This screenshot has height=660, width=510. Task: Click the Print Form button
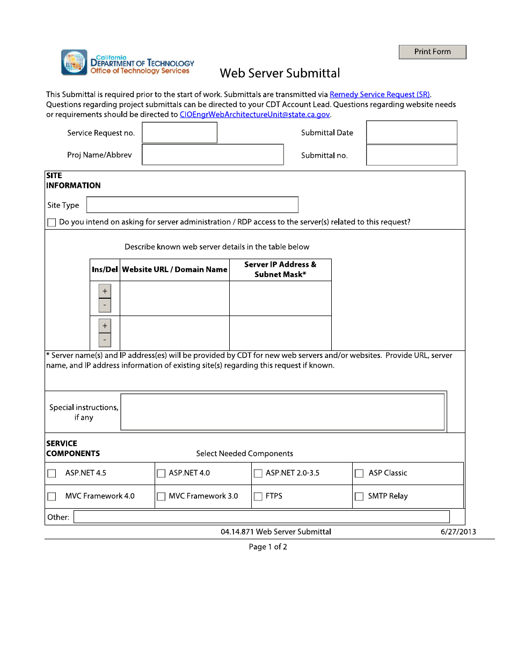[x=432, y=52]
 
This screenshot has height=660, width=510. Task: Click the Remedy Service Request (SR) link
[x=380, y=94]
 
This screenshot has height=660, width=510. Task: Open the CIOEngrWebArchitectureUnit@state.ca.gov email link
[x=254, y=114]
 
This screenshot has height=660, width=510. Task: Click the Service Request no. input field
[x=179, y=133]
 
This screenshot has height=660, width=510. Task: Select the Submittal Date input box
[x=411, y=133]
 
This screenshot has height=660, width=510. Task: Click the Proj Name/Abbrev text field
[x=213, y=155]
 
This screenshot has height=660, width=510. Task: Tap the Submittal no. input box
[x=411, y=155]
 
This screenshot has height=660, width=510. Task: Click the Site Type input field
[x=192, y=205]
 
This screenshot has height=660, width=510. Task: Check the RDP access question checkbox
[x=52, y=223]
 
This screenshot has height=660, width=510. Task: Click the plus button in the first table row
[x=105, y=291]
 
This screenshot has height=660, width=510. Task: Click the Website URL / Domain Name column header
[x=174, y=270]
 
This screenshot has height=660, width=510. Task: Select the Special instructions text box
[x=282, y=412]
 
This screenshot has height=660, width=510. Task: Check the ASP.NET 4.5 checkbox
[x=52, y=473]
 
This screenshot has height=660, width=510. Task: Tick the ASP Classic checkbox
[x=359, y=473]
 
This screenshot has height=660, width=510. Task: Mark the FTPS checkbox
[x=258, y=496]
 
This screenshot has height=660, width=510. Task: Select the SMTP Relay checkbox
[x=359, y=496]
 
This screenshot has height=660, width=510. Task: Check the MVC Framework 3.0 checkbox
[x=161, y=496]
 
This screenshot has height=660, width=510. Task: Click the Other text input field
[x=261, y=517]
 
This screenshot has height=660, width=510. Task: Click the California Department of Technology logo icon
[x=74, y=62]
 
